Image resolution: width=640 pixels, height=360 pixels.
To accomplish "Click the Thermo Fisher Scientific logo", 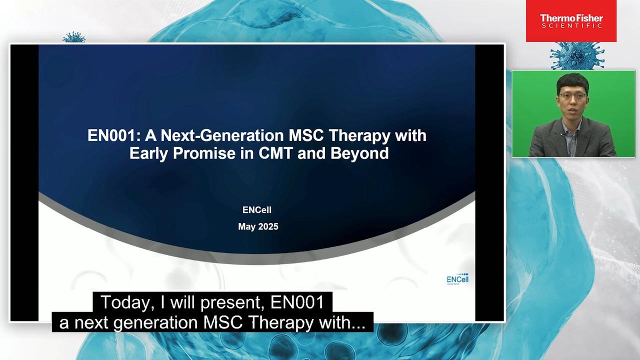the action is click(571, 21).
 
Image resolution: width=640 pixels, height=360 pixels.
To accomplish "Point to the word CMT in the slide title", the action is click(275, 153).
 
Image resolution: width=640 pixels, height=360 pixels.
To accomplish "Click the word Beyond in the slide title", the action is click(359, 153).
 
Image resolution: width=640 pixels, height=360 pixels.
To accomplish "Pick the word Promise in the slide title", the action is click(204, 153).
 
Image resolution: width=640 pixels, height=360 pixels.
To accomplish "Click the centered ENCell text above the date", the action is click(257, 210).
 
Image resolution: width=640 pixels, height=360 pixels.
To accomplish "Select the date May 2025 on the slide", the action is click(258, 226).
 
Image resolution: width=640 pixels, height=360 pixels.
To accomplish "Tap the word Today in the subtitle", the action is click(124, 303).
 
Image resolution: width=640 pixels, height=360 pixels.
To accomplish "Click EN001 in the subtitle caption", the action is click(297, 302).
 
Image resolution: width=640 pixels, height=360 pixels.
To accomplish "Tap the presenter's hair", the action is click(572, 83).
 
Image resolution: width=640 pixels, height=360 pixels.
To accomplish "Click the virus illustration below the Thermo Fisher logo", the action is click(577, 55).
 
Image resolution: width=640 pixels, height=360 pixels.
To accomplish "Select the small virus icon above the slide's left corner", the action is click(73, 37).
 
